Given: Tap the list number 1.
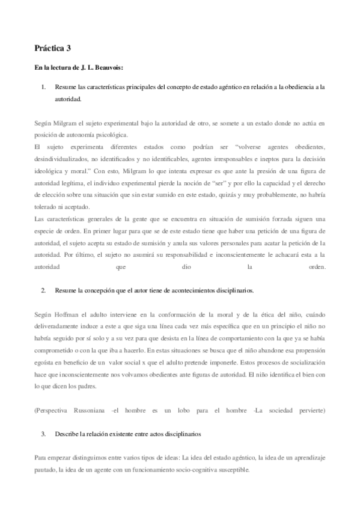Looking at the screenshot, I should tap(43, 87).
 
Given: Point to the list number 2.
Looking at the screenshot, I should tap(43, 290).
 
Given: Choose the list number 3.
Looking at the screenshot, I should tap(43, 433).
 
